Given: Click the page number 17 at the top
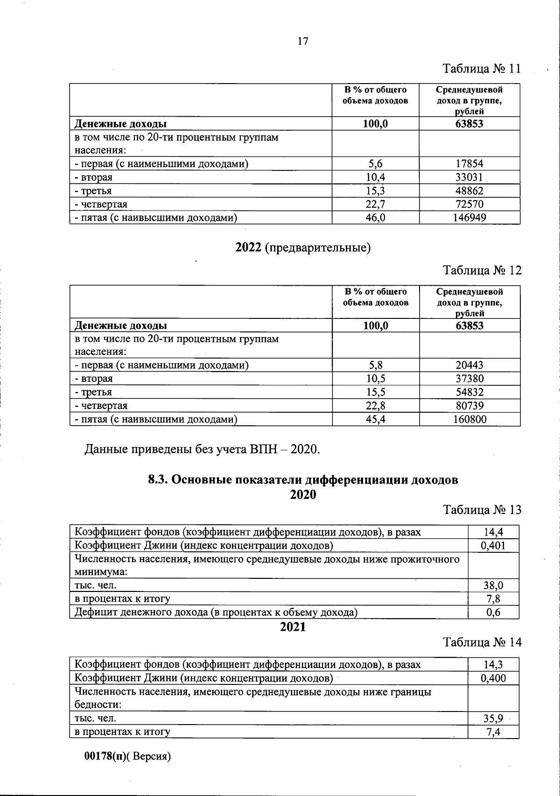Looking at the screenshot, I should [302, 41].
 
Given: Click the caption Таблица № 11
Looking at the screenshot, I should [481, 69].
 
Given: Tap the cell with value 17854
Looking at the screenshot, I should [469, 164].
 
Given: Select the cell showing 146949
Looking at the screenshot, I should [469, 218].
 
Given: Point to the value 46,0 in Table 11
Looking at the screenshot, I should [375, 218].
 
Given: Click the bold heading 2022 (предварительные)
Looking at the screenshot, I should [303, 247].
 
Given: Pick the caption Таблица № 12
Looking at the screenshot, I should [482, 270].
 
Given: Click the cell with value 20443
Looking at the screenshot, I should [469, 365].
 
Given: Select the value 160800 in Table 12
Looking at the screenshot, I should [469, 419].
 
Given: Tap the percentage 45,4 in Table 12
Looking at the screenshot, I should [375, 419].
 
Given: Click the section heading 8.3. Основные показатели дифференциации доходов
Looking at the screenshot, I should [303, 480].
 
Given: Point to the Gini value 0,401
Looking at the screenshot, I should [493, 545].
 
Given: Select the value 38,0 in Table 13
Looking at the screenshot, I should [493, 585].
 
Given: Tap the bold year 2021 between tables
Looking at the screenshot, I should [293, 627].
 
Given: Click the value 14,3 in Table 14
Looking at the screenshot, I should [493, 664].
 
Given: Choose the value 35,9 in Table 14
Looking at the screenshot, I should [493, 718].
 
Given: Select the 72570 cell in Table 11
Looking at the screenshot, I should [469, 204].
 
